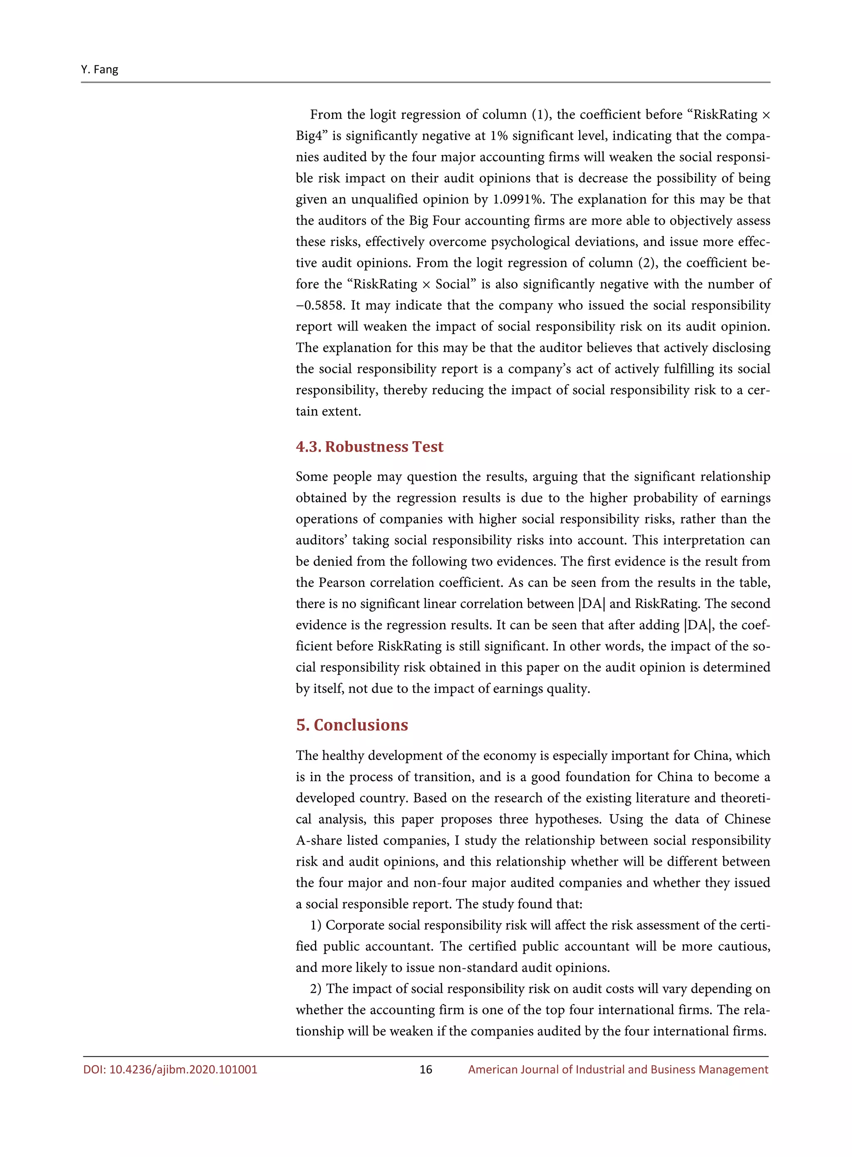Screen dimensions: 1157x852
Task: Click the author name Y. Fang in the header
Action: point(99,70)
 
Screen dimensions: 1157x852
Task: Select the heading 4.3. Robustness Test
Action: point(369,447)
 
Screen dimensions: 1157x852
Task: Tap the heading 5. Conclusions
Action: point(352,725)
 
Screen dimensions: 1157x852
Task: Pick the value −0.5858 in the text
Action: point(320,305)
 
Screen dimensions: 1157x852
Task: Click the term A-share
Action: point(319,841)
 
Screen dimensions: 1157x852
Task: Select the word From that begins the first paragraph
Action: point(325,115)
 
